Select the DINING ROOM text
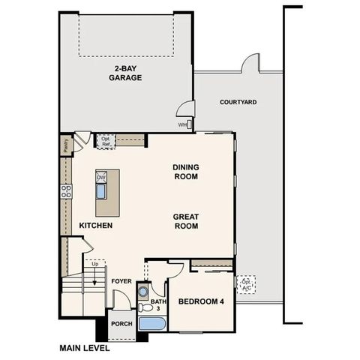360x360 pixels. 185,172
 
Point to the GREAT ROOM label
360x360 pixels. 185,220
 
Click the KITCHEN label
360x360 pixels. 96,225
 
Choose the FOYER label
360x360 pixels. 122,282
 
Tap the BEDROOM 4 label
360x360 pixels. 201,302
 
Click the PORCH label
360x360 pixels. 121,324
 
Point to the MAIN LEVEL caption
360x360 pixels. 84,348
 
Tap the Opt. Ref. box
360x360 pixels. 106,140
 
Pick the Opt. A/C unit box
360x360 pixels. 245,284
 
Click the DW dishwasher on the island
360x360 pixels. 101,177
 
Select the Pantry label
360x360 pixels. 67,146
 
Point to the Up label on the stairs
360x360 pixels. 94,264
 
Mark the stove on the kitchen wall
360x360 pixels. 65,190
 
